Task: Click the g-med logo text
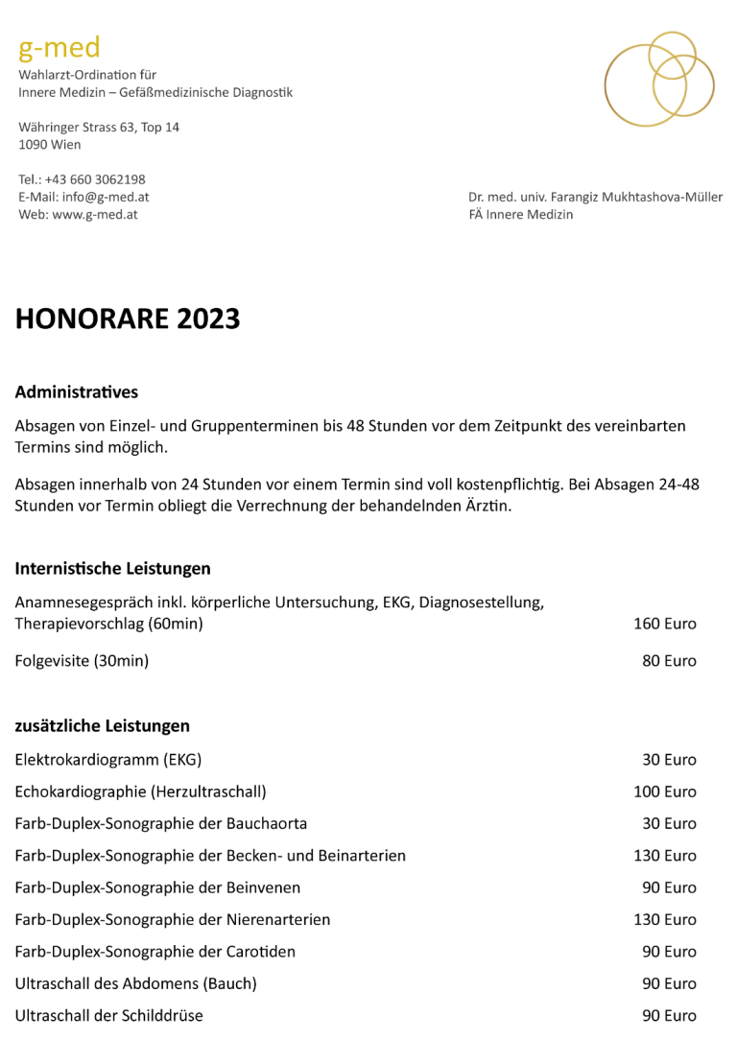pos(59,47)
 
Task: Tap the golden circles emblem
pos(658,80)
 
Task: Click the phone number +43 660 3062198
pos(95,179)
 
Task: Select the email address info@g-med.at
pos(106,197)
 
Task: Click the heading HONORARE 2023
pos(128,319)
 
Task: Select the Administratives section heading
pos(77,391)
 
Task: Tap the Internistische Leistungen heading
pos(112,568)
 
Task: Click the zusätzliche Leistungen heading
pos(102,725)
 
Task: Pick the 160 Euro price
pos(664,624)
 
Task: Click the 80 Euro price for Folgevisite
pos(669,660)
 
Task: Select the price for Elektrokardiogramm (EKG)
pos(669,760)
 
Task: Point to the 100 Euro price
pos(664,792)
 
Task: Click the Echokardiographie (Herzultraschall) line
pos(140,792)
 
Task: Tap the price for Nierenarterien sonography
pos(664,919)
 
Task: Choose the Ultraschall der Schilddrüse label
pos(108,1015)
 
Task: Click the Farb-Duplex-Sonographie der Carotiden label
pos(155,952)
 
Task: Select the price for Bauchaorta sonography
pos(669,823)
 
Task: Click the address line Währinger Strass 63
pos(99,127)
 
